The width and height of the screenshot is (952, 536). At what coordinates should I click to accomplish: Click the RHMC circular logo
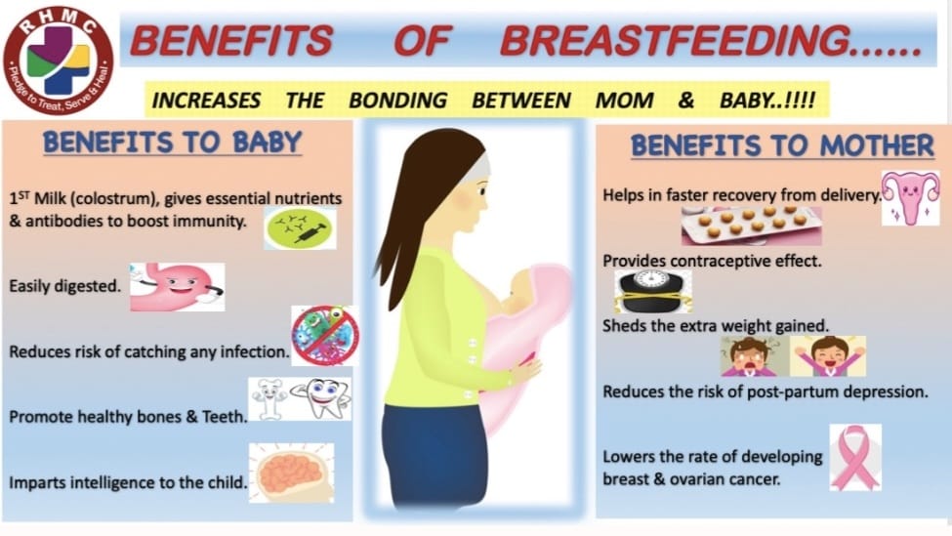pyautogui.click(x=59, y=61)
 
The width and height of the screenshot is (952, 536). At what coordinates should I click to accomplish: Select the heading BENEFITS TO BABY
pyautogui.click(x=173, y=143)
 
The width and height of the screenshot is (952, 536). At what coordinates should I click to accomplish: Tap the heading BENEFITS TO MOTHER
pyautogui.click(x=782, y=145)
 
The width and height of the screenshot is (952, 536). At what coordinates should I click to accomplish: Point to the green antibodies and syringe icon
pyautogui.click(x=300, y=228)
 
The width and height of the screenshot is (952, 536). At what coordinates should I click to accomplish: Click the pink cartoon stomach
pyautogui.click(x=178, y=286)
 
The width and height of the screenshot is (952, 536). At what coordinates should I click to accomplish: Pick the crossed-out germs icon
pyautogui.click(x=325, y=336)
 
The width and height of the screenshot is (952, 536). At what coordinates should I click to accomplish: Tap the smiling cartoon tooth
pyautogui.click(x=327, y=397)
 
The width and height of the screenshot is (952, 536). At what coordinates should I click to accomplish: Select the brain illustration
pyautogui.click(x=291, y=473)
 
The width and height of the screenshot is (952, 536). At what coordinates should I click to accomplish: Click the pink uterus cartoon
pyautogui.click(x=910, y=198)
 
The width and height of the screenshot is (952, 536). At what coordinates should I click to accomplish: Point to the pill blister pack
pyautogui.click(x=751, y=226)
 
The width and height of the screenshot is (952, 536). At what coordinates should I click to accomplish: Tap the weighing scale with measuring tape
pyautogui.click(x=652, y=292)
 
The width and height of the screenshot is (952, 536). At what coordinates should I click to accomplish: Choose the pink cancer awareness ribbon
pyautogui.click(x=855, y=458)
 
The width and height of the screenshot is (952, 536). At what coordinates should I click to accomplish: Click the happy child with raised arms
pyautogui.click(x=828, y=356)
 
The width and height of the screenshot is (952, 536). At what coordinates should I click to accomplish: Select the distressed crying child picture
pyautogui.click(x=755, y=356)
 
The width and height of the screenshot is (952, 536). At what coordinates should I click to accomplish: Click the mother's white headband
pyautogui.click(x=480, y=166)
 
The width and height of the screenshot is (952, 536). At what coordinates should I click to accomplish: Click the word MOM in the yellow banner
pyautogui.click(x=624, y=101)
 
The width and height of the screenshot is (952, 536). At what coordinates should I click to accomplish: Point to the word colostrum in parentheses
pyautogui.click(x=112, y=198)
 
